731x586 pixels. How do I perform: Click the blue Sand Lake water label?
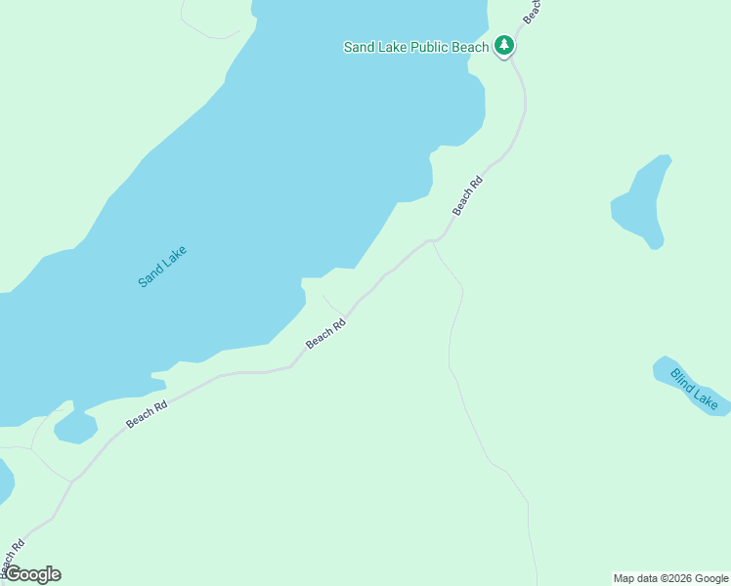click(x=162, y=266)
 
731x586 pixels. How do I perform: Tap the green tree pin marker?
click(x=503, y=46)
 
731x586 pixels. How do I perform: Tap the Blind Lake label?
click(x=695, y=388)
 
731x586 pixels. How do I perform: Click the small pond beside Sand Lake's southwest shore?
click(x=74, y=428)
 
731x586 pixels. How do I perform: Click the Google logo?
click(x=32, y=574)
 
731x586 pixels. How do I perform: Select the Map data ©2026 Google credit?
click(x=670, y=578)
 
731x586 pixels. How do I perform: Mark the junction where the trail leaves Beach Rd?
click(x=432, y=239)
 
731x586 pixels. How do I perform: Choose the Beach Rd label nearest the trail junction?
click(x=468, y=195)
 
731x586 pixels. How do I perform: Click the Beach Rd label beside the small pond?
click(x=146, y=414)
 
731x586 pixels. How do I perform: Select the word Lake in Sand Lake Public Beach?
click(x=395, y=47)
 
